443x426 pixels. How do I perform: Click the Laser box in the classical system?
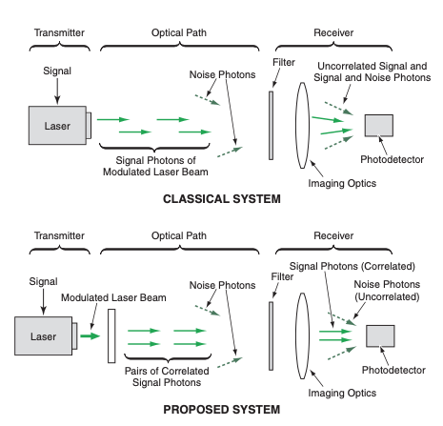[57, 126]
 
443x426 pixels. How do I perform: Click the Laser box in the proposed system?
[44, 335]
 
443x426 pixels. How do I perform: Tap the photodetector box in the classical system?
[379, 126]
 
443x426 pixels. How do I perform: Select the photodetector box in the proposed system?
[380, 335]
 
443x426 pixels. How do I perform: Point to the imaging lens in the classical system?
[303, 125]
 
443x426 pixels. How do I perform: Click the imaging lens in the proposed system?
[303, 335]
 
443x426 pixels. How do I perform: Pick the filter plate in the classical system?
[271, 126]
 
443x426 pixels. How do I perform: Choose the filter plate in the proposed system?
[271, 336]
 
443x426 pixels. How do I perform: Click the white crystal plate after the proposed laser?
[111, 335]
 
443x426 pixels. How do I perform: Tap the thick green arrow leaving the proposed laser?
[91, 335]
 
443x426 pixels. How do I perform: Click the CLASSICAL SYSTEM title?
[222, 199]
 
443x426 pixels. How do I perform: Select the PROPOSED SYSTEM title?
[222, 410]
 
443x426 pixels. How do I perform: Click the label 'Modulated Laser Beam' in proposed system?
[113, 297]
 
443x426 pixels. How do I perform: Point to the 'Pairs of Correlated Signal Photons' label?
[167, 376]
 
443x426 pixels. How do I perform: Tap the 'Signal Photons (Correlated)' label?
[352, 266]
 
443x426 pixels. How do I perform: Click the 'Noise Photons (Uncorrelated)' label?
[387, 291]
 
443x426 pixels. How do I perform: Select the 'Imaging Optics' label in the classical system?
[342, 183]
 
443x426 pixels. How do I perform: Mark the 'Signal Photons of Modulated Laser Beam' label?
[155, 166]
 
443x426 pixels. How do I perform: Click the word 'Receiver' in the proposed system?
[333, 235]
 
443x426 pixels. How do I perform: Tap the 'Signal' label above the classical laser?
[57, 71]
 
